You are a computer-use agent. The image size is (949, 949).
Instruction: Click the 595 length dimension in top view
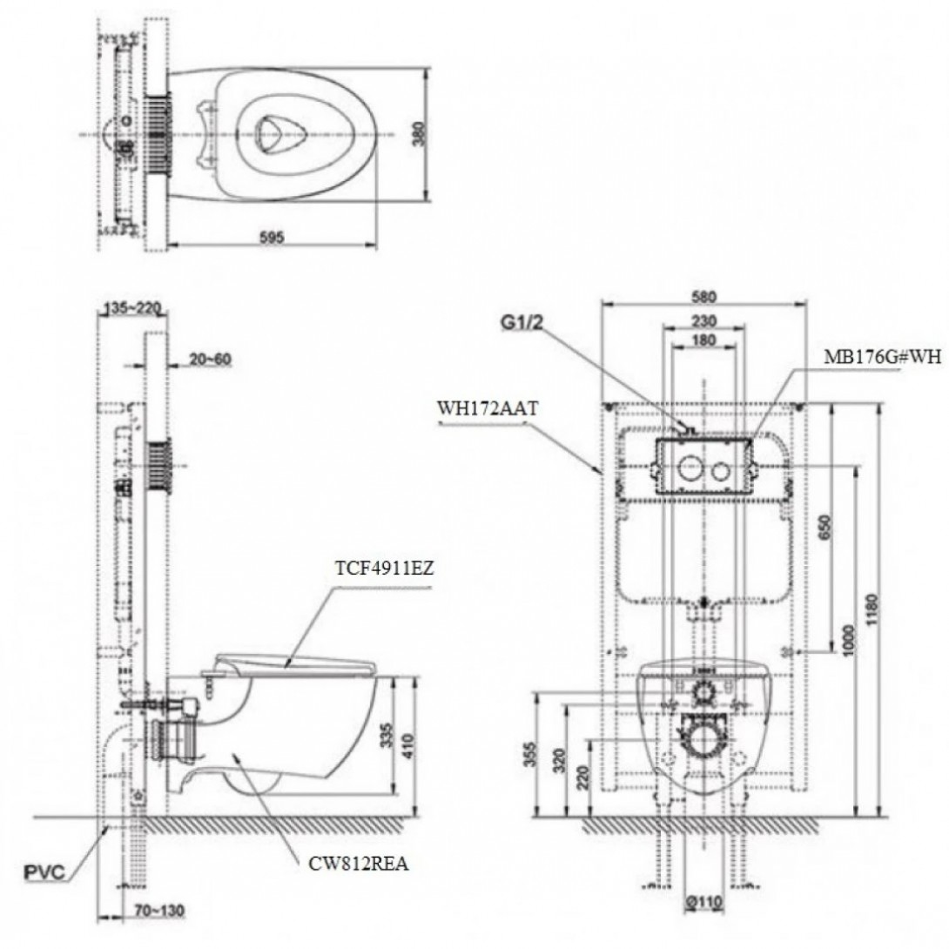[x=270, y=237]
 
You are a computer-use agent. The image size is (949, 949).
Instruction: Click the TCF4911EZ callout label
[x=383, y=570]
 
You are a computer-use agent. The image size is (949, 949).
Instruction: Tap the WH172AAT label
[x=481, y=405]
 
